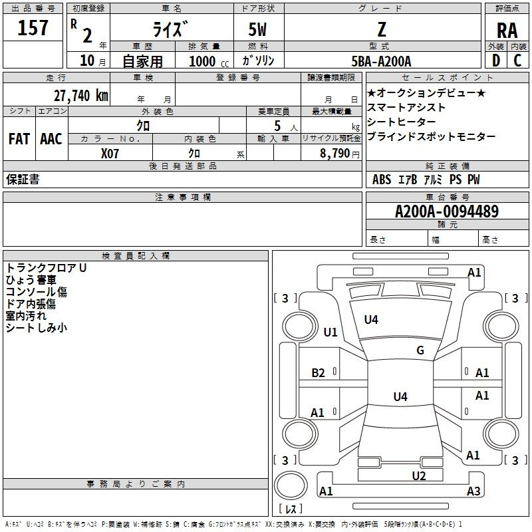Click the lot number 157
click(33, 27)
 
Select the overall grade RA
click(507, 31)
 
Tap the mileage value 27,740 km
click(81, 96)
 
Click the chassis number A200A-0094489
click(447, 211)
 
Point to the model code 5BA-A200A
click(381, 61)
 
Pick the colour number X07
click(110, 154)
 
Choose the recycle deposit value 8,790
click(335, 153)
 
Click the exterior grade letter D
click(496, 61)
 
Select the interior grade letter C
click(517, 61)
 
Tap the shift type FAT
click(19, 139)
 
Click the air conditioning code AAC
click(51, 139)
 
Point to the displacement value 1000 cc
click(209, 61)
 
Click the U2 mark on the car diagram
click(419, 475)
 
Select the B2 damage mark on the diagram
click(318, 373)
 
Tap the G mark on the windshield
click(420, 350)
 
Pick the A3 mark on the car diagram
click(473, 491)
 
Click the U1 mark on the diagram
click(331, 332)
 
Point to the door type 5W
click(257, 29)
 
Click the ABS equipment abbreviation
click(382, 180)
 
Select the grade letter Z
click(382, 29)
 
